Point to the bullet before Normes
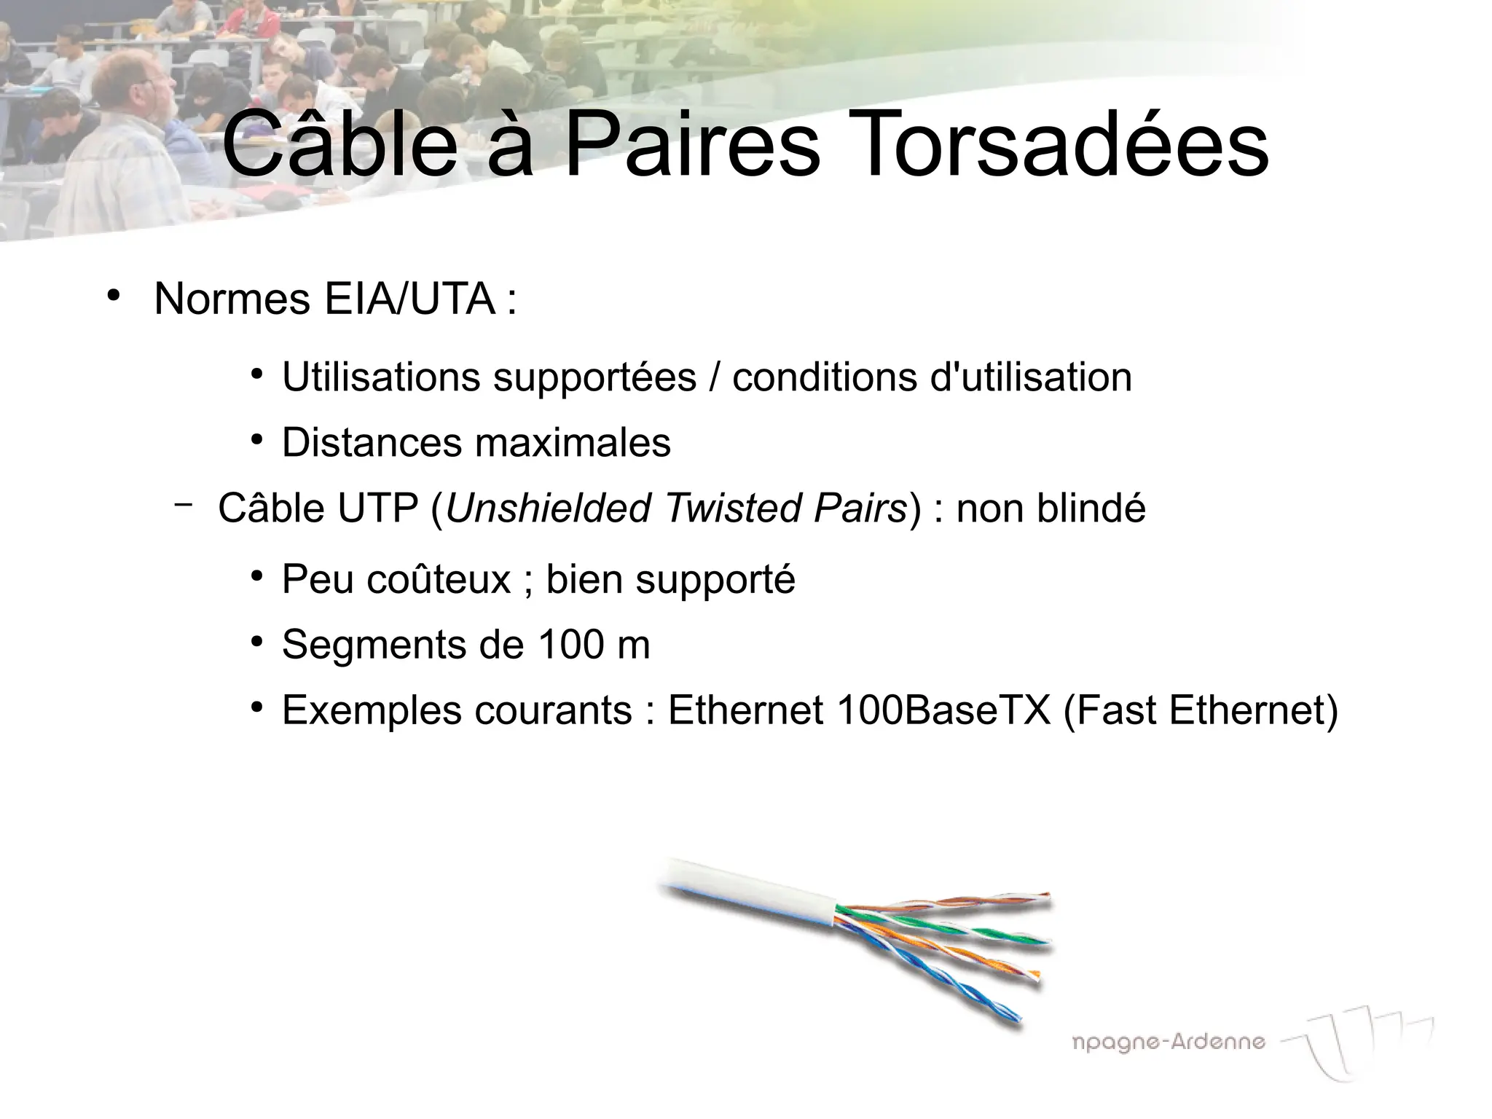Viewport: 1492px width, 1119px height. point(113,296)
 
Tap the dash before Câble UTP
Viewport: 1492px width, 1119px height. point(184,503)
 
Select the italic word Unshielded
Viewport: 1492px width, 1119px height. point(547,508)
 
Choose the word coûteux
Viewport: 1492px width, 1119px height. point(439,580)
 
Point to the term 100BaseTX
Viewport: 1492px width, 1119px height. point(944,710)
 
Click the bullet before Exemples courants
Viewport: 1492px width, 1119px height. point(256,707)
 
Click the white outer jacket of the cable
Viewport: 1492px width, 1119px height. point(750,896)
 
